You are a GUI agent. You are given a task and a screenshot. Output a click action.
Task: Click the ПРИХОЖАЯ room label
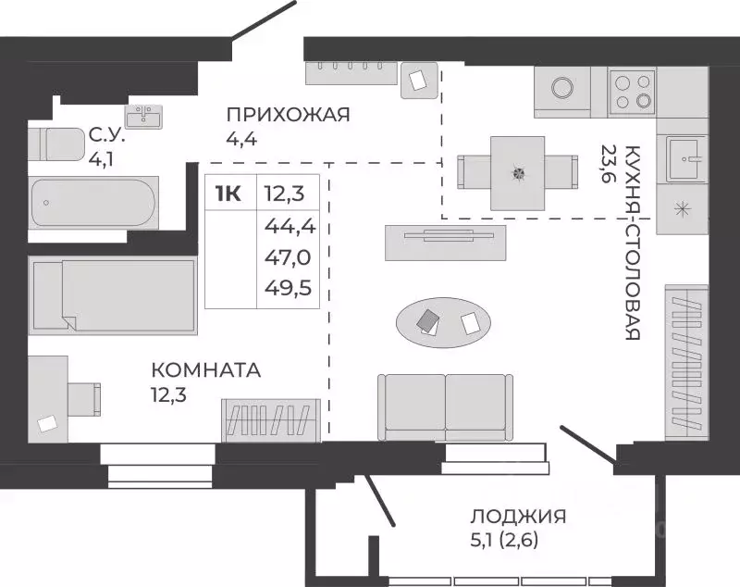pyautogui.click(x=288, y=115)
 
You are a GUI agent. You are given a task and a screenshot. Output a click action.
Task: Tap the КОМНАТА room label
pyautogui.click(x=206, y=370)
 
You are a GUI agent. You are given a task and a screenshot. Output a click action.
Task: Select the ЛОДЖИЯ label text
pyautogui.click(x=517, y=517)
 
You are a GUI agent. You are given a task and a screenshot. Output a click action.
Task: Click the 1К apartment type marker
pyautogui.click(x=228, y=194)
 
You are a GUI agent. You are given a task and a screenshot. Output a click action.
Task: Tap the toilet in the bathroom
pyautogui.click(x=55, y=144)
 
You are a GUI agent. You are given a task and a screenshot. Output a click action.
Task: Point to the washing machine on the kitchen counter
pyautogui.click(x=562, y=91)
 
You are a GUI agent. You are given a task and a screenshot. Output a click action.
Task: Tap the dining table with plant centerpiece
pyautogui.click(x=517, y=172)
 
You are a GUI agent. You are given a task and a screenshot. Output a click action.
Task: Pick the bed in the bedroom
pyautogui.click(x=111, y=293)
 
